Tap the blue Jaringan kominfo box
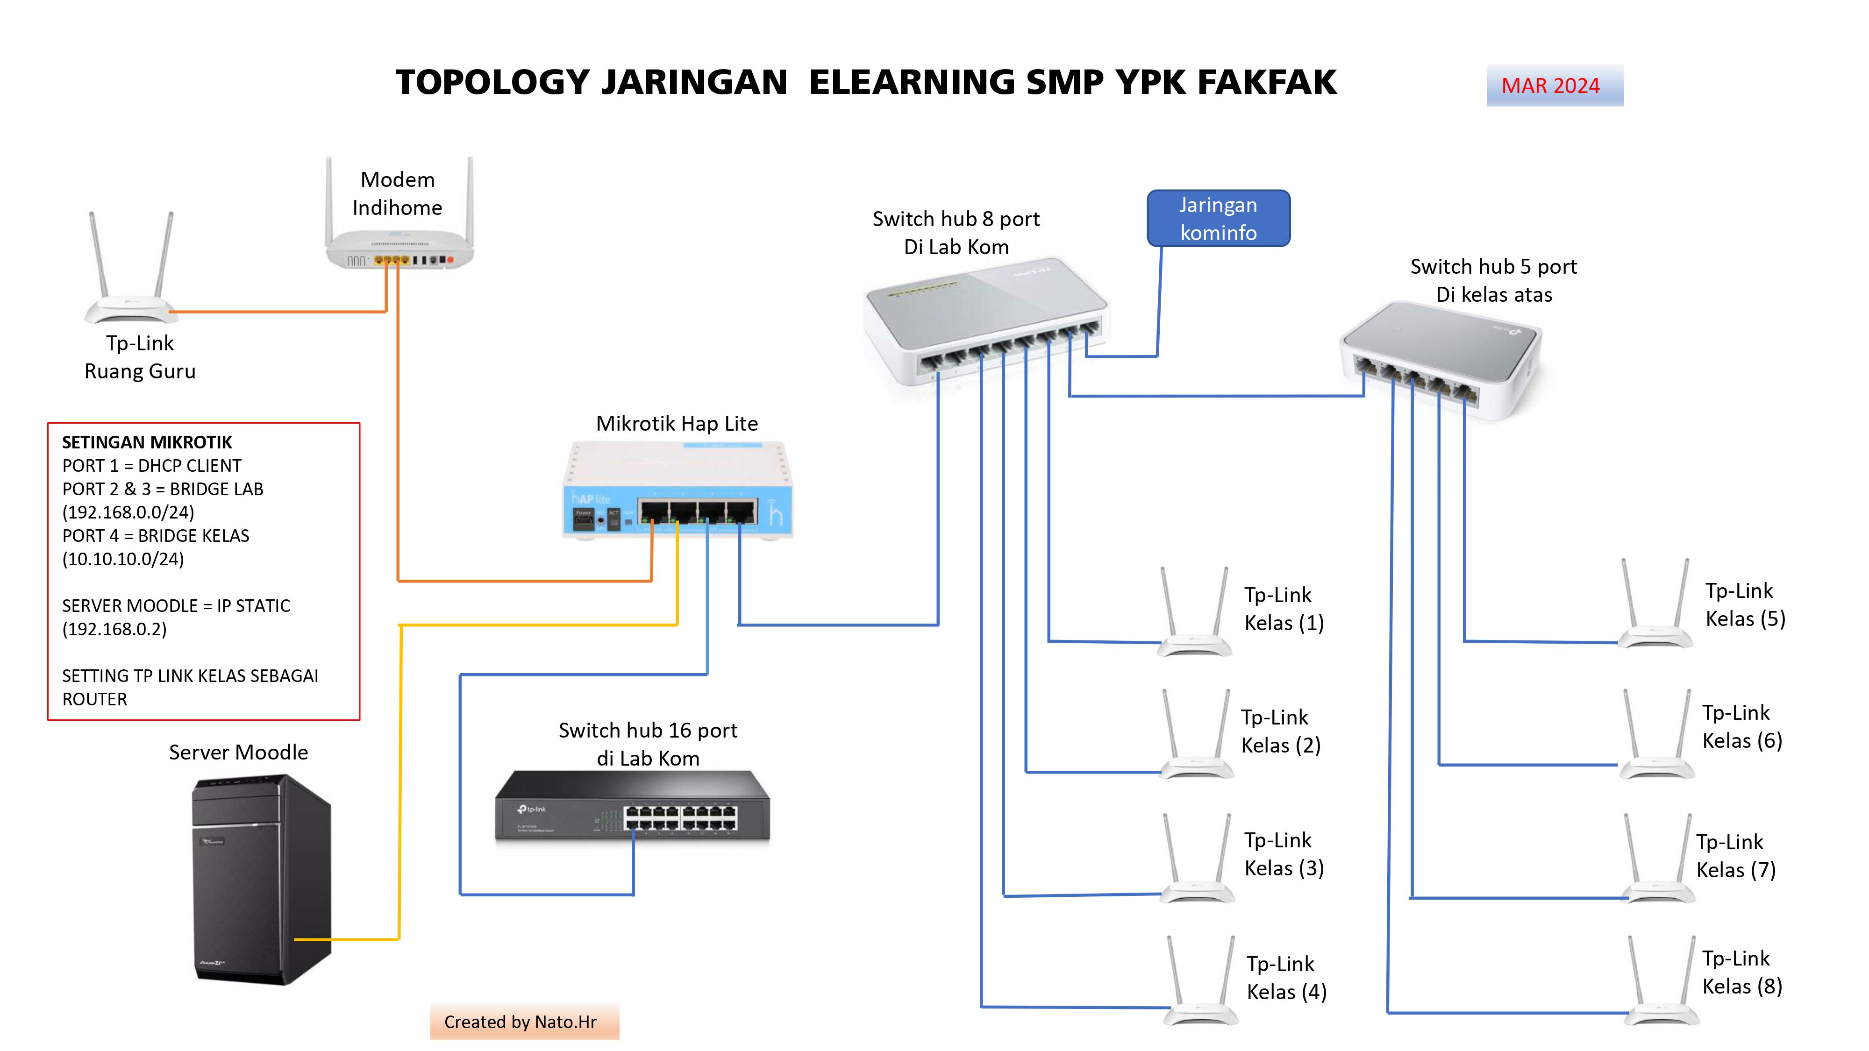click(1218, 218)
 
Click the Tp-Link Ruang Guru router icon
click(131, 276)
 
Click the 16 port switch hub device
click(632, 809)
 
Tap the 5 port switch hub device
click(1440, 359)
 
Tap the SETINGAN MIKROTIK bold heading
click(147, 442)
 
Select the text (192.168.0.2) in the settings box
click(114, 629)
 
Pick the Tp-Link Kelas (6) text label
click(1741, 727)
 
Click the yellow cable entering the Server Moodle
click(348, 939)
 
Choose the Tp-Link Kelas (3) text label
click(1284, 854)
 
